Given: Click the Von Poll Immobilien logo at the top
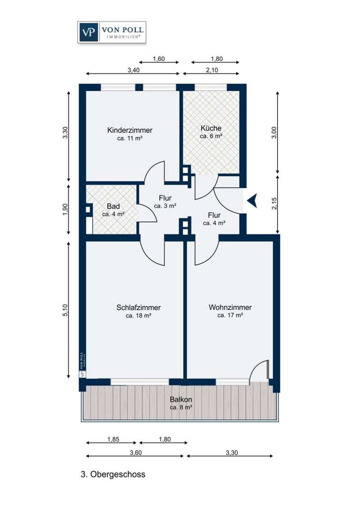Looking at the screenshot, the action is coord(112,32).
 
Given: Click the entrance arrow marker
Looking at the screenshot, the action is coord(252,201).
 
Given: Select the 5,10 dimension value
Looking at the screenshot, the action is coord(65,310).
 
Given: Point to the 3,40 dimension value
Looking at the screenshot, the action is coord(133,70).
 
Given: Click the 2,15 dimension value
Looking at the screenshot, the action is coord(274,204).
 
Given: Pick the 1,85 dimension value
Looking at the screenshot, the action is coord(113,439).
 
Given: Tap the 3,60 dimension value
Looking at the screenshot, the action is coord(136,452).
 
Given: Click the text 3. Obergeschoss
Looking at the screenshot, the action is coord(113,474).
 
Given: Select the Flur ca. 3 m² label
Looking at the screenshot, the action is coord(165,201).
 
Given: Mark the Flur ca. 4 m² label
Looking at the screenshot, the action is coord(214,219).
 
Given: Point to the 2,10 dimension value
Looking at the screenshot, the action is coord(212,70).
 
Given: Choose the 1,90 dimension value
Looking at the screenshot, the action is coord(65,210).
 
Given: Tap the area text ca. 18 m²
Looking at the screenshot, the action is coord(139,316).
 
